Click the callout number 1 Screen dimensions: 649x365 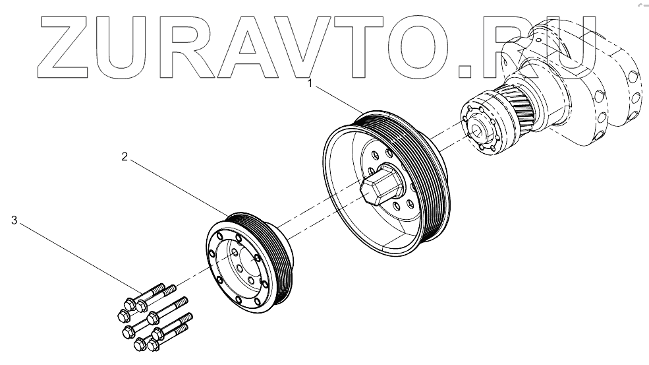click(x=310, y=84)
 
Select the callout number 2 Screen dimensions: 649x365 click(x=123, y=156)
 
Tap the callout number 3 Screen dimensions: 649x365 click(x=14, y=220)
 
